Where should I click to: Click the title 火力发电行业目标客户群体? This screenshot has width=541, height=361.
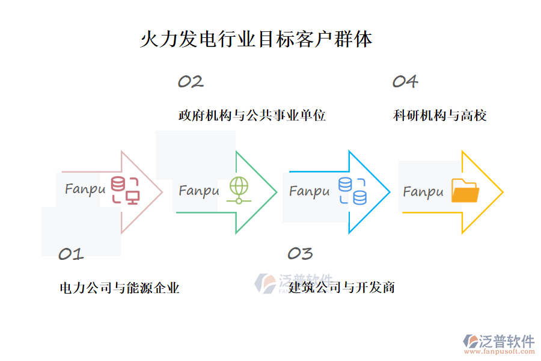(256, 40)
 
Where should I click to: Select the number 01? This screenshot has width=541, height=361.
(70, 255)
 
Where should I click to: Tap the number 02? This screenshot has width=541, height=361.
(191, 82)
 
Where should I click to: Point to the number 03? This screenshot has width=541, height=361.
(300, 254)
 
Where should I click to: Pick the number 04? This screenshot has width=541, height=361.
(405, 82)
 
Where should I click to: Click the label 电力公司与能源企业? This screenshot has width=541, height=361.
(120, 288)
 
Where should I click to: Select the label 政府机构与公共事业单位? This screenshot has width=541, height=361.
(252, 116)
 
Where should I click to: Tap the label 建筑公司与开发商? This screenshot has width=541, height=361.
(341, 287)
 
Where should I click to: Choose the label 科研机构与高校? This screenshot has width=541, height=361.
(439, 116)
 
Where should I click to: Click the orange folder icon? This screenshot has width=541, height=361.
(465, 191)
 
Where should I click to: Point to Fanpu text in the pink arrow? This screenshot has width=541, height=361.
(85, 189)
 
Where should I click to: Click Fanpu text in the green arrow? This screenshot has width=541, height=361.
(199, 191)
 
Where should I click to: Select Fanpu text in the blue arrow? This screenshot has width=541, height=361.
(310, 191)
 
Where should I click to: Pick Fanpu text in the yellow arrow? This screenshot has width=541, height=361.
(423, 192)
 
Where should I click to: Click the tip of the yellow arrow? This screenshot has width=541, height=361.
(502, 193)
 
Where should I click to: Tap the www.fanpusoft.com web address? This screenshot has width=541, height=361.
(500, 353)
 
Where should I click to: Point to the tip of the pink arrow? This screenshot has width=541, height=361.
(162, 193)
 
